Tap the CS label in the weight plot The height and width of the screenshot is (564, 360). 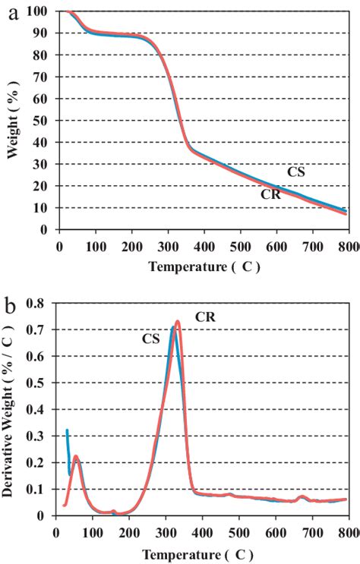(x=296, y=172)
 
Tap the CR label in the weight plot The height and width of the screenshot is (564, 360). (x=270, y=194)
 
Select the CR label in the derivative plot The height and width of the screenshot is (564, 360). (x=206, y=317)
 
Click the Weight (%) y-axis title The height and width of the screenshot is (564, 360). (x=13, y=121)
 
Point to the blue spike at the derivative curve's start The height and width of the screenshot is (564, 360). (x=67, y=431)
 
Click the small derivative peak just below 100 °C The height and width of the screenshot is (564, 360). (x=75, y=457)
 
